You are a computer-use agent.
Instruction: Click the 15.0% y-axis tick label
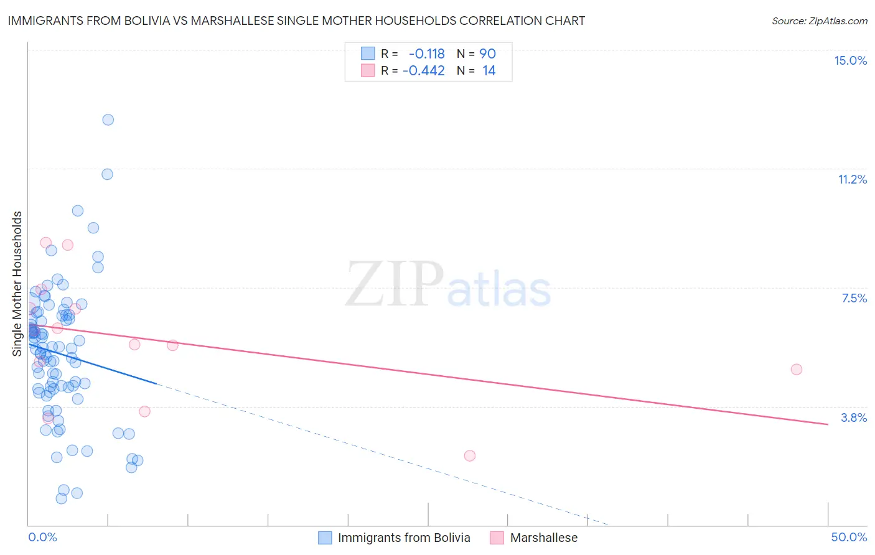pyautogui.click(x=850, y=60)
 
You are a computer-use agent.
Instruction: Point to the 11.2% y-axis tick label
pyautogui.click(x=852, y=179)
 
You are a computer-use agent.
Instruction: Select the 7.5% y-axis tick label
pyautogui.click(x=854, y=298)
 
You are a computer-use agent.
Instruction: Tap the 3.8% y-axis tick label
pyautogui.click(x=854, y=417)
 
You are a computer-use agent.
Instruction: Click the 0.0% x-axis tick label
pyautogui.click(x=42, y=537)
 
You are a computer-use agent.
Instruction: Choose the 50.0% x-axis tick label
pyautogui.click(x=849, y=537)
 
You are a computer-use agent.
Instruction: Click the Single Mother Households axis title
pyautogui.click(x=17, y=284)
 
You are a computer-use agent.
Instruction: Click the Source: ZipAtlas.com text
pyautogui.click(x=819, y=21)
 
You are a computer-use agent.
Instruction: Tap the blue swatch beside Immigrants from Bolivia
pyautogui.click(x=325, y=538)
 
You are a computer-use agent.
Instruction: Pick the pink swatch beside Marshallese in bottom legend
pyautogui.click(x=497, y=538)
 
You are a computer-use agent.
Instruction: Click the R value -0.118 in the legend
pyautogui.click(x=426, y=54)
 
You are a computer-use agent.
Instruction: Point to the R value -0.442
pyautogui.click(x=423, y=71)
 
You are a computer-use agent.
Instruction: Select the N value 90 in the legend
pyautogui.click(x=487, y=54)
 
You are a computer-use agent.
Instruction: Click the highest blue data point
pyautogui.click(x=108, y=119)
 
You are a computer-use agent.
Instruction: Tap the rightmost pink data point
pyautogui.click(x=796, y=369)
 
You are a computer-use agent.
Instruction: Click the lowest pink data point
pyautogui.click(x=469, y=455)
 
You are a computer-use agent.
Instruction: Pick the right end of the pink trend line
pyautogui.click(x=828, y=424)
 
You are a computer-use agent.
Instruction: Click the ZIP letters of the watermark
pyautogui.click(x=394, y=285)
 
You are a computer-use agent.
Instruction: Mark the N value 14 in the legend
pyautogui.click(x=489, y=71)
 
